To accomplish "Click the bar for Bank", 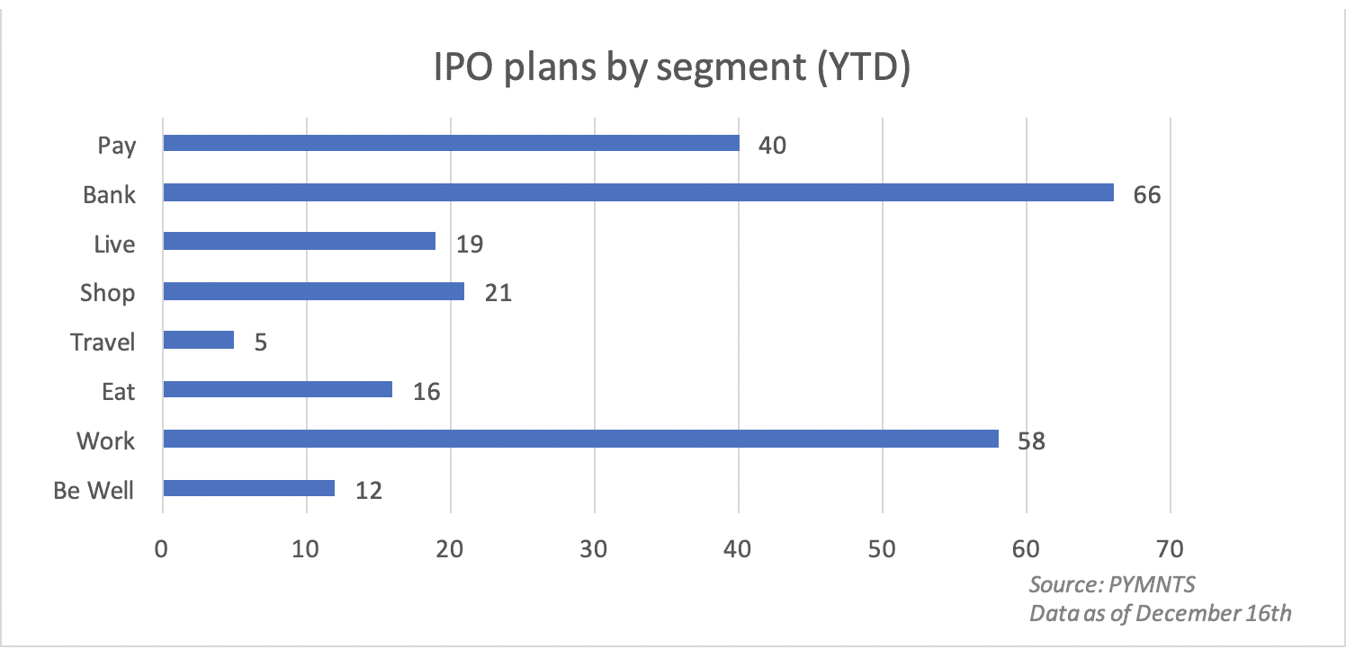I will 638,192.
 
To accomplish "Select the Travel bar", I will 198,340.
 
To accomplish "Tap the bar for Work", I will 580,439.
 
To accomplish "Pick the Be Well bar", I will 248,488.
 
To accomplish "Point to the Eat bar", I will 277,389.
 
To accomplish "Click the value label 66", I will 1147,194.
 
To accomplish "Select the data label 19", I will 470,244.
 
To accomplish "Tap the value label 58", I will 1030,440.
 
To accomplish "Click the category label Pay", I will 117,145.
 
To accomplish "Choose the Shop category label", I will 108,293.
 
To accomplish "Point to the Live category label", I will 114,244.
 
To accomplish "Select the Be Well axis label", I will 94,490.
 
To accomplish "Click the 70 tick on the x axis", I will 1170,547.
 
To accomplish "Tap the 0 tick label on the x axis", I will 162,547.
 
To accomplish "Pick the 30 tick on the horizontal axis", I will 594,547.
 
